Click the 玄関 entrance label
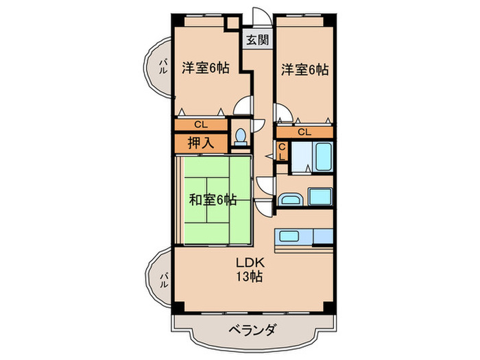coord(259,39)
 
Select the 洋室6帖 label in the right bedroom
coord(304,69)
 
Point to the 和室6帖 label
coord(213,200)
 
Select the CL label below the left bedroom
coord(200,125)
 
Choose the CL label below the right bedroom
coord(304,132)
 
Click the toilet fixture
coord(239,137)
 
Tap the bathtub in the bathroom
coord(322,158)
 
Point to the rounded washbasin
coord(289,200)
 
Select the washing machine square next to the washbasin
coord(320,197)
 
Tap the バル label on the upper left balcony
coord(163,67)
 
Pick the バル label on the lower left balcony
coord(163,280)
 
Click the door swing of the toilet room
coord(259,127)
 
